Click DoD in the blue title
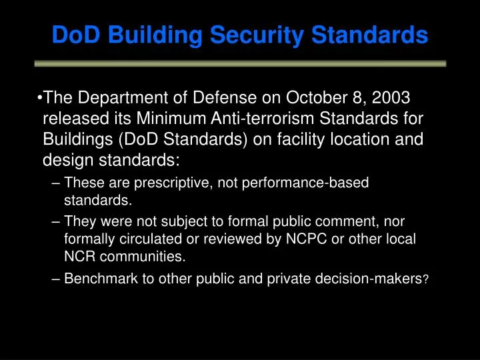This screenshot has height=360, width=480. [x=75, y=35]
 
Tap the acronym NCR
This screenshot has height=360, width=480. [x=79, y=255]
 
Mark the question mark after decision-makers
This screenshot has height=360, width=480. [x=425, y=281]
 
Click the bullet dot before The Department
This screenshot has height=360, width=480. [x=41, y=99]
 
